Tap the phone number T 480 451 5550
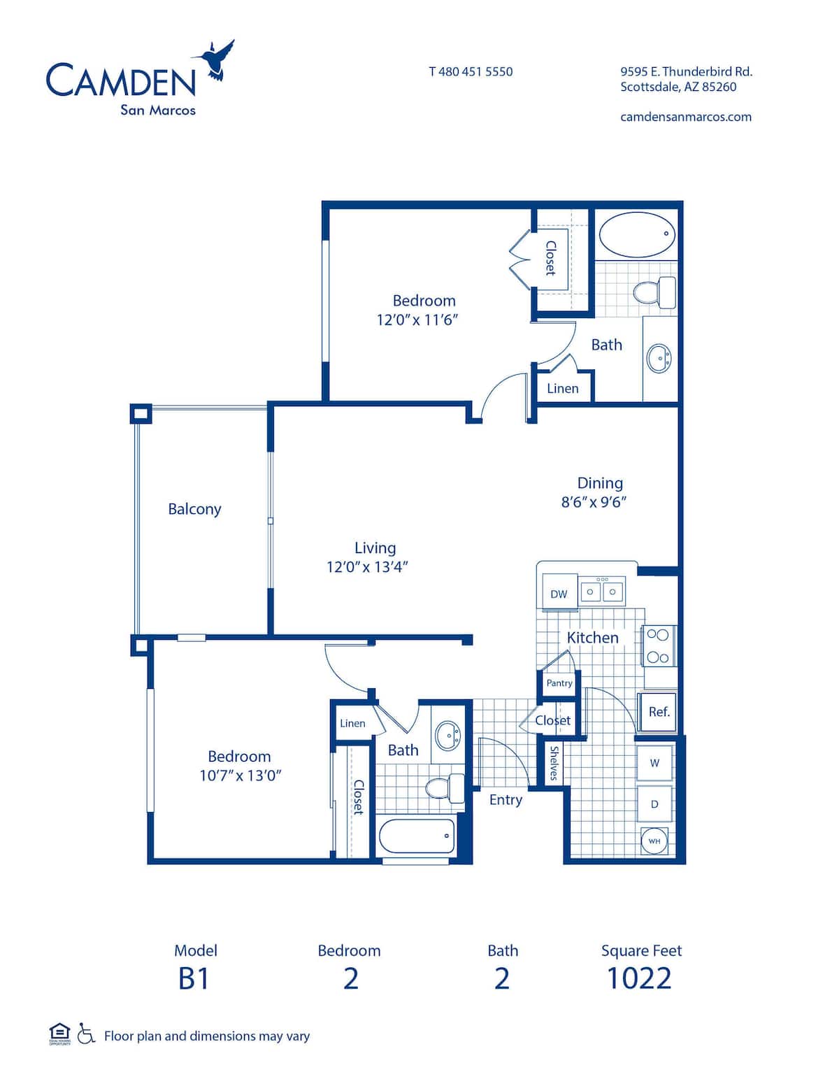click(471, 71)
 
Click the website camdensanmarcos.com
click(686, 117)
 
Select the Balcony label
click(194, 509)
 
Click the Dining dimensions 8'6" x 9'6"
click(594, 502)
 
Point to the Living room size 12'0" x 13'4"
click(367, 567)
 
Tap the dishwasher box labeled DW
click(559, 594)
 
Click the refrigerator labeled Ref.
click(659, 712)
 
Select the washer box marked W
click(654, 763)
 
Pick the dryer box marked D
click(654, 803)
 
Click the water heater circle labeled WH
click(654, 841)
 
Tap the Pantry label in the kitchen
click(559, 683)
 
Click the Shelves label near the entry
click(554, 763)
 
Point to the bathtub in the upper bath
click(637, 235)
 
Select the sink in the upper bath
click(659, 359)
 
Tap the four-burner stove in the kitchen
click(658, 646)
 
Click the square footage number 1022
click(639, 978)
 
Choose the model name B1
click(194, 978)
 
